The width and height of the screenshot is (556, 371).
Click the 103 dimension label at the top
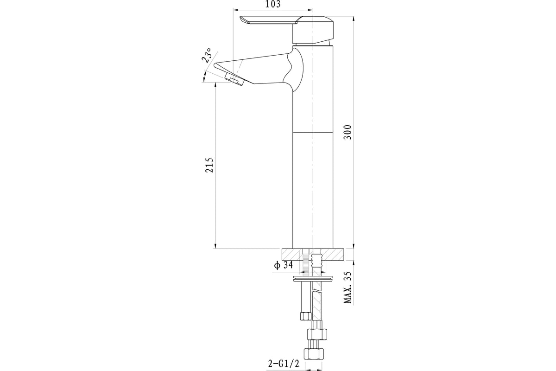pyautogui.click(x=273, y=4)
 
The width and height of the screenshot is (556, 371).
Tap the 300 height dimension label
pyautogui.click(x=348, y=132)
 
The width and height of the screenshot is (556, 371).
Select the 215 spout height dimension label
pyautogui.click(x=209, y=165)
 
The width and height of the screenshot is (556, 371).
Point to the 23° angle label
pyautogui.click(x=207, y=55)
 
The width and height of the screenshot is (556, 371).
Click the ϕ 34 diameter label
pyautogui.click(x=284, y=265)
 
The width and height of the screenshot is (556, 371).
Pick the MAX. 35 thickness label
pyautogui.click(x=348, y=287)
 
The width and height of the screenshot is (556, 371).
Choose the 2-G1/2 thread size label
pyautogui.click(x=284, y=364)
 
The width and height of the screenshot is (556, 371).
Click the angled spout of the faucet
pyautogui.click(x=258, y=70)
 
